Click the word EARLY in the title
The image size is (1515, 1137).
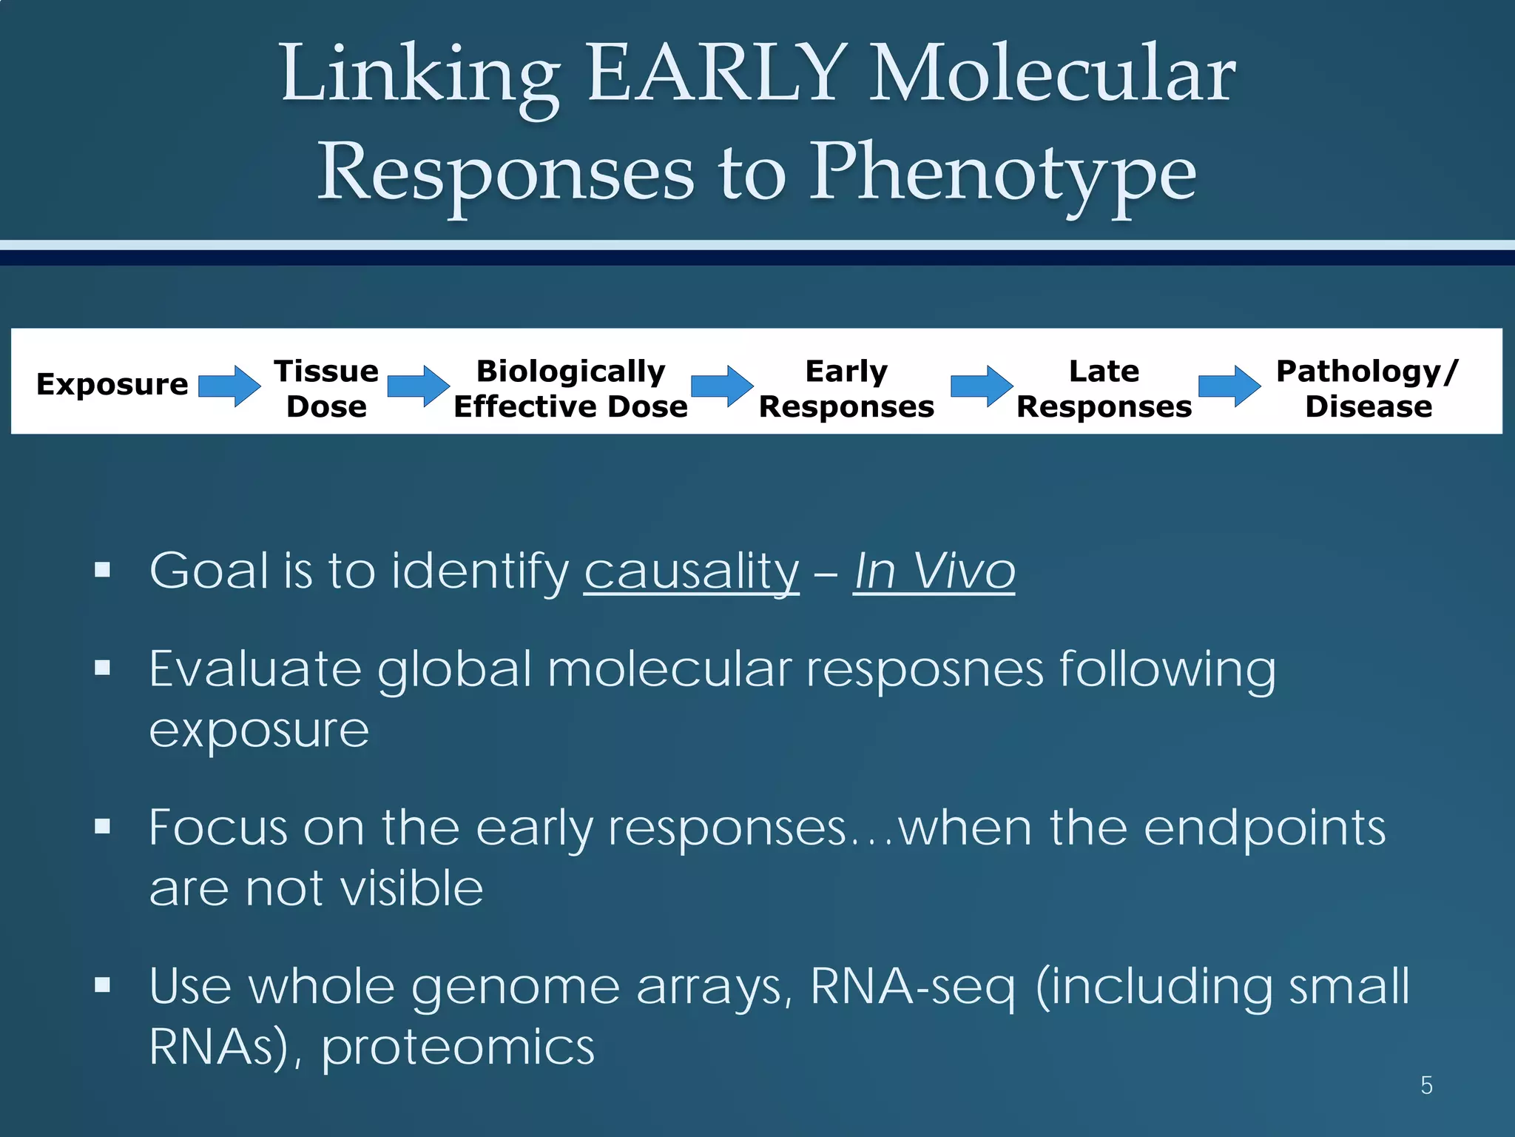tap(716, 74)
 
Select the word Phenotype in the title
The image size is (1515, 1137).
tap(1002, 174)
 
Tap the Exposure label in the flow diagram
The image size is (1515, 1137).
tap(112, 384)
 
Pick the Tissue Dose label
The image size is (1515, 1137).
tap(326, 389)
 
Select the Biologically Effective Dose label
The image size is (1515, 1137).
tap(570, 389)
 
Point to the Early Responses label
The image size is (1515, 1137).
tap(846, 389)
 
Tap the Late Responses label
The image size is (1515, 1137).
tap(1104, 389)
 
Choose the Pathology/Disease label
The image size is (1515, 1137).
tap(1368, 389)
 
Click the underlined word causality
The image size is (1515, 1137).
tap(691, 571)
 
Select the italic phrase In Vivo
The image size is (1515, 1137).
tap(934, 571)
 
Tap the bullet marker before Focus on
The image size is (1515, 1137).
tap(103, 826)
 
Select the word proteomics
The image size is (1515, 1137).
tap(458, 1047)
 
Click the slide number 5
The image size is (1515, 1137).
tap(1426, 1086)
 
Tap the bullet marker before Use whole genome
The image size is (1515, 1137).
tap(103, 985)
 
